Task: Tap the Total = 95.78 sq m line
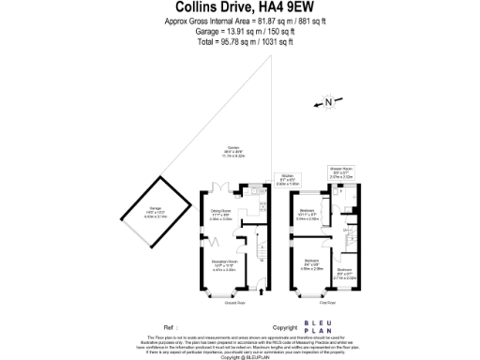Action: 239,42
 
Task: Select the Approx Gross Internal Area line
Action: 239,21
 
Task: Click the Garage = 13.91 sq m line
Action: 239,31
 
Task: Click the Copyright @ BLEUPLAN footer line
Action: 239,357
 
